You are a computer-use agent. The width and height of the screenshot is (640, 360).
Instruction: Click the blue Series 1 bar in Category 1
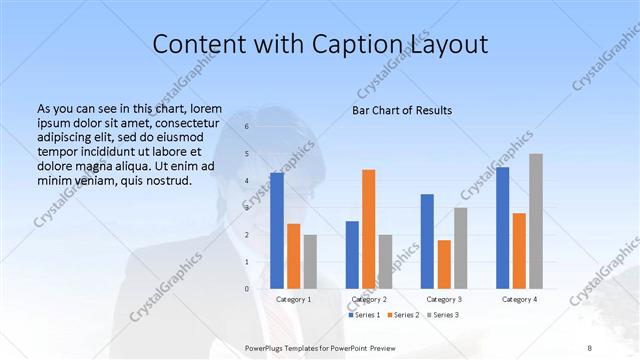[x=277, y=230]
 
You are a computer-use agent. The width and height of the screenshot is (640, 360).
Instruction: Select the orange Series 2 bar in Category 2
[x=369, y=229]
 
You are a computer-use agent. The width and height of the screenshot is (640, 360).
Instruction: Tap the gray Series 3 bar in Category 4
[x=536, y=221]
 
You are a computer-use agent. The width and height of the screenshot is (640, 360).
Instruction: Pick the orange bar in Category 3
[x=444, y=264]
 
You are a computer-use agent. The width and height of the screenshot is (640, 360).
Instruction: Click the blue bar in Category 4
[x=503, y=227]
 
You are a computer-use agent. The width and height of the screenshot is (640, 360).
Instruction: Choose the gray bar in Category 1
[x=310, y=261]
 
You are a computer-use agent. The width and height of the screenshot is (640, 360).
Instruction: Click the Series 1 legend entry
[x=364, y=315]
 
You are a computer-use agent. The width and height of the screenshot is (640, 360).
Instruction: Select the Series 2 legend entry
[x=402, y=315]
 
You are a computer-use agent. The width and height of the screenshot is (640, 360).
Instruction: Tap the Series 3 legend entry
[x=441, y=315]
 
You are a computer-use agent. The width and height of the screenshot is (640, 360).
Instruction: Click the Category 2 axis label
[x=369, y=299]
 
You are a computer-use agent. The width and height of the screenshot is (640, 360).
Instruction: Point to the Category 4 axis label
[x=519, y=299]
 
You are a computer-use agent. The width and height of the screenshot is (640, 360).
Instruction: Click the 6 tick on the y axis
[x=247, y=127]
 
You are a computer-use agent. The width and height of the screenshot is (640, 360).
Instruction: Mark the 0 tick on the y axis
[x=247, y=288]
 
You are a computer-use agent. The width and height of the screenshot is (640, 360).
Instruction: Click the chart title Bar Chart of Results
[x=401, y=110]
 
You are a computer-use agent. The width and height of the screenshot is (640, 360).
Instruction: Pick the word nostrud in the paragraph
[x=168, y=181]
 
